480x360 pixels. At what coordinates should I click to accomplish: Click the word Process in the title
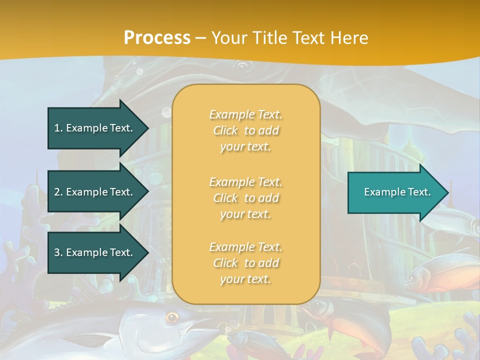[157, 37]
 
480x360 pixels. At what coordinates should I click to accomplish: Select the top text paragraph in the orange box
[245, 130]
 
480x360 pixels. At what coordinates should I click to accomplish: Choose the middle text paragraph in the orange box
[245, 198]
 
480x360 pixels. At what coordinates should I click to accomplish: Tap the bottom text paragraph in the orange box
[245, 263]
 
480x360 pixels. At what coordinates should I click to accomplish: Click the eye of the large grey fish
[172, 317]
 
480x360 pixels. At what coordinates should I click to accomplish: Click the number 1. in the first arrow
[58, 128]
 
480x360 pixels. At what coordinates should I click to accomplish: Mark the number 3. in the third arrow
[58, 252]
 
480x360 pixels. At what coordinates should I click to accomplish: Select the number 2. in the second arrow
[58, 192]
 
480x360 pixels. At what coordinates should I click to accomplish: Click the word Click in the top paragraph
[225, 130]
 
